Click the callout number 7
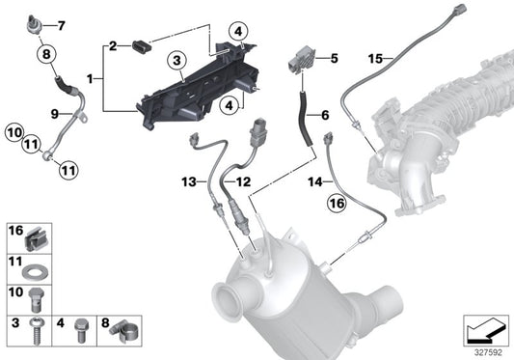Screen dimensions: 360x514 pyautogui.click(x=62, y=25)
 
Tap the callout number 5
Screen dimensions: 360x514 pyautogui.click(x=334, y=58)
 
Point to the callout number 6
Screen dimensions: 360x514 pyautogui.click(x=324, y=115)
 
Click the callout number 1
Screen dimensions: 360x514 pyautogui.click(x=91, y=75)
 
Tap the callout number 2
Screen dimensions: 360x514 pyautogui.click(x=113, y=45)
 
